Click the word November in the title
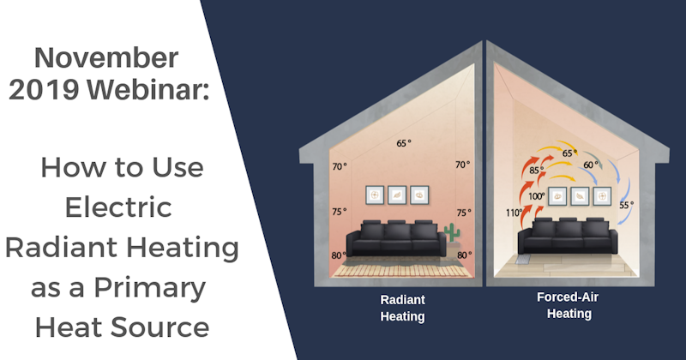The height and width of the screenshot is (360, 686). click(107, 59)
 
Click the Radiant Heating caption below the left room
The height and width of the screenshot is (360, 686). click(402, 309)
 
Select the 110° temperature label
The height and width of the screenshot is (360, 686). click(514, 213)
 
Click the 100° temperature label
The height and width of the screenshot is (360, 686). click(536, 196)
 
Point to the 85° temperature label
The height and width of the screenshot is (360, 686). click(536, 170)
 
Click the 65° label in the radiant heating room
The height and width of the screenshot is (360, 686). click(403, 143)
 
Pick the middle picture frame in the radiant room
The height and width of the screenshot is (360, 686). click(396, 195)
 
